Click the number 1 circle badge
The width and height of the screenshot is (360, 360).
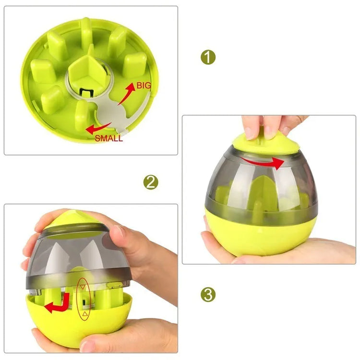coord(208,58)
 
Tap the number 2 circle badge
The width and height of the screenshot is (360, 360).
coord(151,182)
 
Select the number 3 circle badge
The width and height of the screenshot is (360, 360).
coord(208,294)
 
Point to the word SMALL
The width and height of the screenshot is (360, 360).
coord(108,139)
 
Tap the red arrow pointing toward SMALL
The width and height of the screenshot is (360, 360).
coord(98,128)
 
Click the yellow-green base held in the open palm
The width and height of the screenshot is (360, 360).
coord(262,235)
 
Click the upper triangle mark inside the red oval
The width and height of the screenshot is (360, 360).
coord(84,287)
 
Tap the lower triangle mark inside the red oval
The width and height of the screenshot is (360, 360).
coord(84,314)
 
